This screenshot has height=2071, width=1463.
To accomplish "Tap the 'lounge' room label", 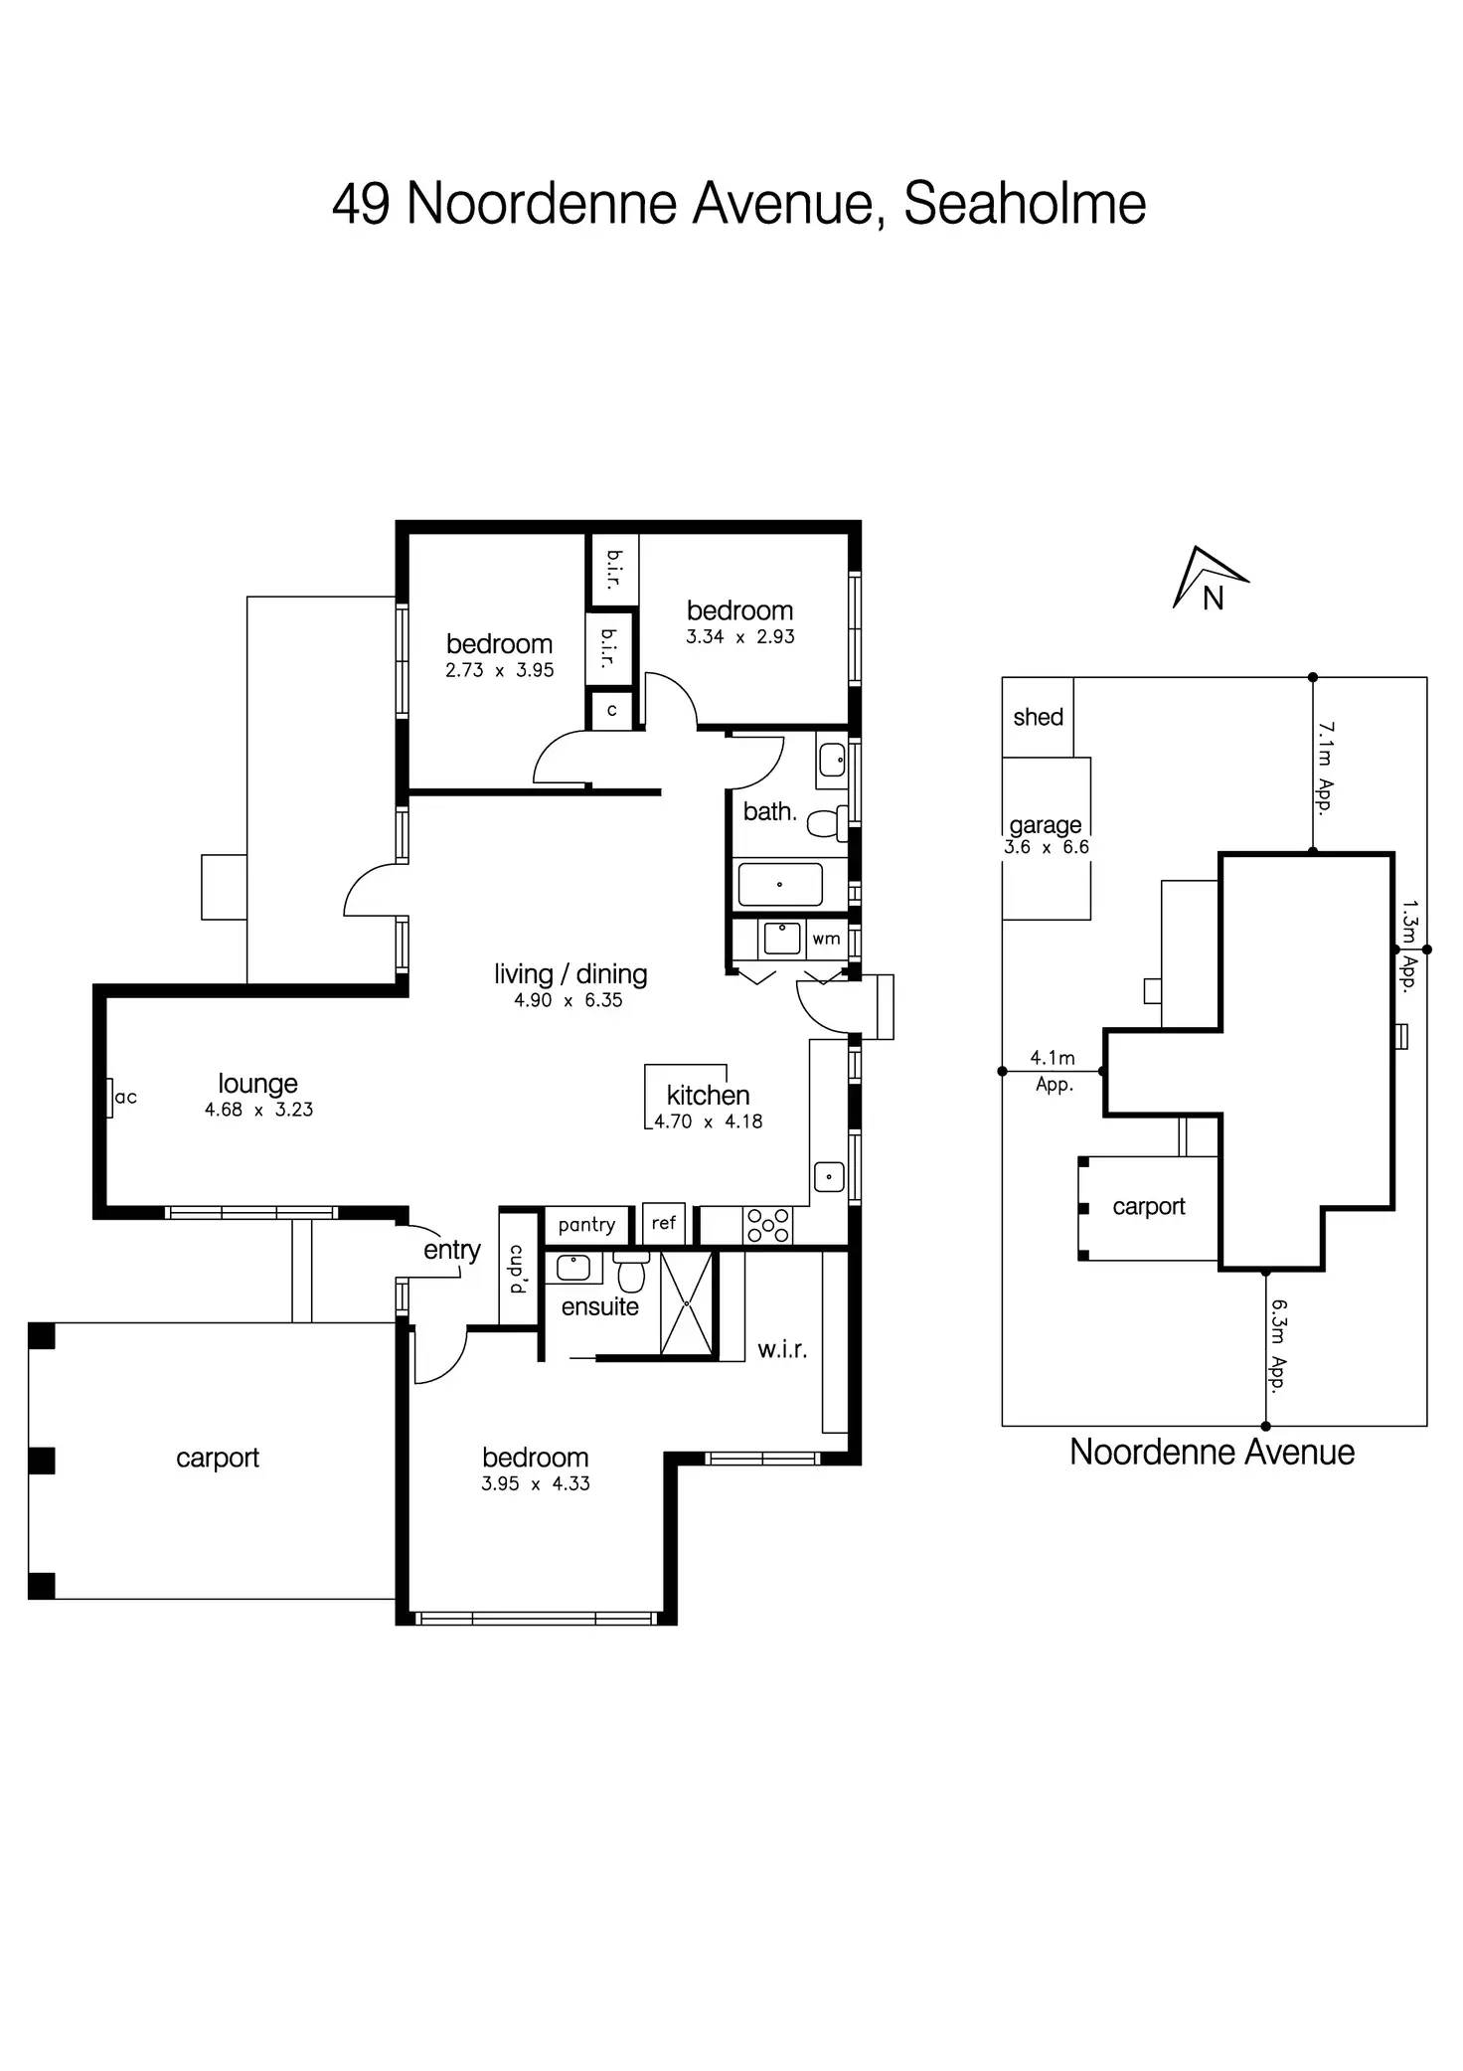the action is point(257,1084).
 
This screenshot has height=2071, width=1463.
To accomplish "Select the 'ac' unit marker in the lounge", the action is point(124,1098).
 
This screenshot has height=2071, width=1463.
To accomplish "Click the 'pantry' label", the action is point(586,1225).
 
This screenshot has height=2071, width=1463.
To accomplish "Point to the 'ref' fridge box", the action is point(663,1224).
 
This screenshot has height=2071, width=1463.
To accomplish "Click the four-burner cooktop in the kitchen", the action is point(768,1225).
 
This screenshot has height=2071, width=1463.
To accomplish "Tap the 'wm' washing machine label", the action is point(826,939).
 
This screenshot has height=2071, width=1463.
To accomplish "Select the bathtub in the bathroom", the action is point(780,885).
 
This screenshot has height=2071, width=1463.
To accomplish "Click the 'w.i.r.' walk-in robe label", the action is point(782,1350).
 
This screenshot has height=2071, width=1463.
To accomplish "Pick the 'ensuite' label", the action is point(599,1306).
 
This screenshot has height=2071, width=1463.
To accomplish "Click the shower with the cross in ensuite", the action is point(687,1303).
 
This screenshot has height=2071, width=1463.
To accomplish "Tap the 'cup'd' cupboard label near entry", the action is point(518,1268).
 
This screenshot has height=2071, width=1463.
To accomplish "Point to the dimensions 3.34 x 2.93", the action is point(740,637).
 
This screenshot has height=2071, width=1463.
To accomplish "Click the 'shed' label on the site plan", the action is point(1038,717).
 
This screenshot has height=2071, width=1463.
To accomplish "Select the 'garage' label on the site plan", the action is point(1046,825).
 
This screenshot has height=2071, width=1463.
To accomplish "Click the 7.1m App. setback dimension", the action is point(1325,769).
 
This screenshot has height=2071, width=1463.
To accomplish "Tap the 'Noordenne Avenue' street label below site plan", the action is point(1212,1453).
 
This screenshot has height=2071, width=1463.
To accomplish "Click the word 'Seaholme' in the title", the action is point(1025,204).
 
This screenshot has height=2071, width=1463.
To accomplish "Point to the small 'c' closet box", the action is point(611,711).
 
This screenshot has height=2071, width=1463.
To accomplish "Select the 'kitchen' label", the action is point(708,1096).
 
